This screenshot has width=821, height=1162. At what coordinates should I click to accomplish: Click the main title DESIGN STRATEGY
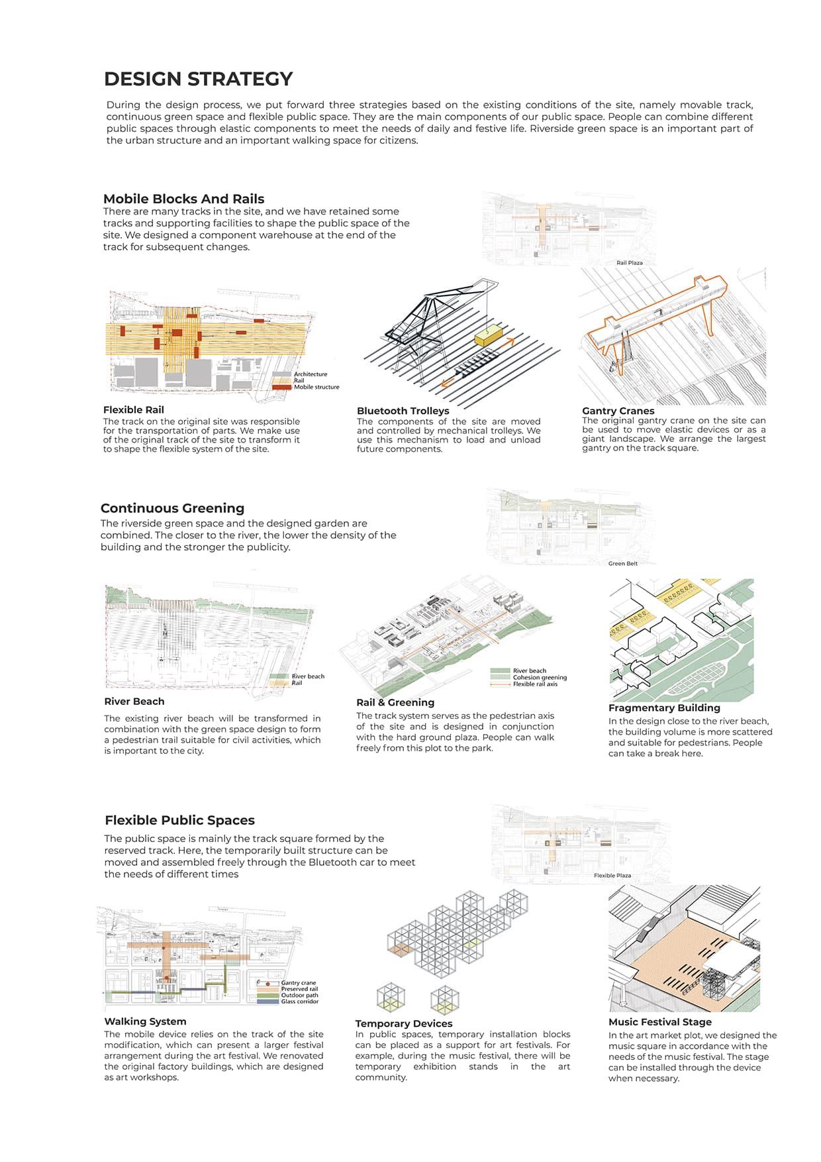click(198, 79)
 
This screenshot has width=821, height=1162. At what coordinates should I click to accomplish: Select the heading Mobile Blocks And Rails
click(183, 199)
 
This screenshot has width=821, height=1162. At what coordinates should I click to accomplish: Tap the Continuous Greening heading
click(172, 508)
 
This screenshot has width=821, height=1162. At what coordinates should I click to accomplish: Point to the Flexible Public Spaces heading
click(179, 820)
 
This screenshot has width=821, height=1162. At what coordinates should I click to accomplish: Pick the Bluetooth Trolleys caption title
click(403, 411)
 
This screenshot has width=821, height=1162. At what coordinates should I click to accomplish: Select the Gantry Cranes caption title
click(618, 411)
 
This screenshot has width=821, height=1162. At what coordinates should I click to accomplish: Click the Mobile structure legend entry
click(316, 387)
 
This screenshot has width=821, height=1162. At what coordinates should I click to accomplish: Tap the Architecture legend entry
click(310, 374)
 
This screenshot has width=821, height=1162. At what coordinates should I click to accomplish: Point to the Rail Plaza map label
click(629, 263)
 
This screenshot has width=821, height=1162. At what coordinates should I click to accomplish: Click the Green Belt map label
click(622, 564)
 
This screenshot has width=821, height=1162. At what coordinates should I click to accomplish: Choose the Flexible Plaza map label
click(612, 876)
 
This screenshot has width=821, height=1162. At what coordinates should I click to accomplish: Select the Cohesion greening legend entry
click(539, 677)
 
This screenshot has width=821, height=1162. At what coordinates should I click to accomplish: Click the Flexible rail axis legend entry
click(534, 684)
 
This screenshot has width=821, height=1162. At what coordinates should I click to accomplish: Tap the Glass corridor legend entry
click(299, 1002)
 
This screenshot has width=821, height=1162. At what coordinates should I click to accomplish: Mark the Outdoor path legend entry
click(299, 995)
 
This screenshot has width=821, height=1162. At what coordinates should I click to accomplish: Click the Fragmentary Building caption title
click(664, 708)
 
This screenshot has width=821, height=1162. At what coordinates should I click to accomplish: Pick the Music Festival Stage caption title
click(659, 1022)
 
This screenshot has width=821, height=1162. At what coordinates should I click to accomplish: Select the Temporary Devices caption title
click(403, 1024)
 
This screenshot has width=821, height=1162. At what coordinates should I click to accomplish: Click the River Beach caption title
click(134, 702)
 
